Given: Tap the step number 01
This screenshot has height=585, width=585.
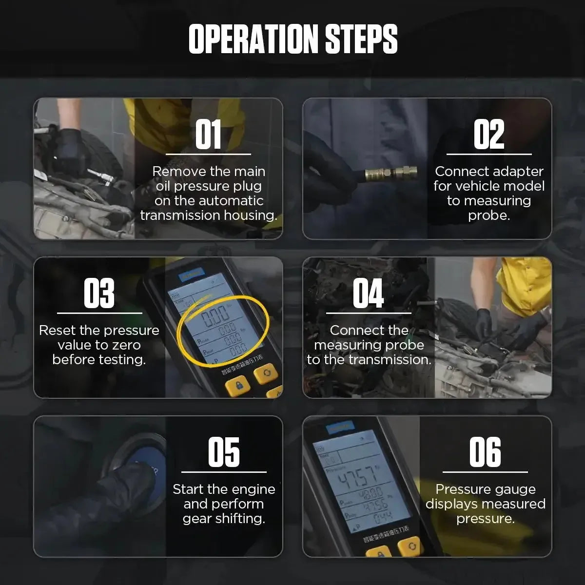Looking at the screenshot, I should (208, 135).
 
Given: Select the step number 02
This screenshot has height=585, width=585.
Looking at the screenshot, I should (489, 135).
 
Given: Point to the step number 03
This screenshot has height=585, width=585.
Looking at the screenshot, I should (99, 293).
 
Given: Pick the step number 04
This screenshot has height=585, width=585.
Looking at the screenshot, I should (368, 293).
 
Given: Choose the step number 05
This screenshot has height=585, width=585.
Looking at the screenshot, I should (224, 452).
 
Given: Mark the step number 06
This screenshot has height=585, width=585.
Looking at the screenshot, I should (485, 452).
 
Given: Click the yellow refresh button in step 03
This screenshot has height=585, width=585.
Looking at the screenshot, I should (266, 373).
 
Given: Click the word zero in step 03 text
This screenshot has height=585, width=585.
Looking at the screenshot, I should (126, 345).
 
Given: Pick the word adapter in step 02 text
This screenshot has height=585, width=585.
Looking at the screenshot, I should (516, 172).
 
